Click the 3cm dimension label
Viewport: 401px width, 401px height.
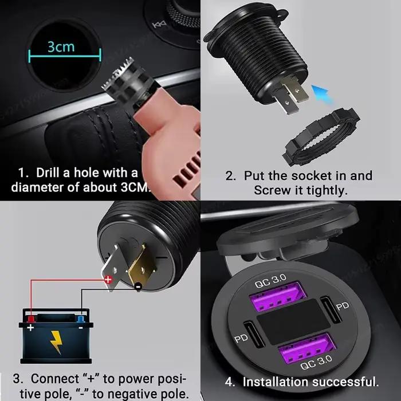pos(61,46)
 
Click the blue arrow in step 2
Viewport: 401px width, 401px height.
pos(323,94)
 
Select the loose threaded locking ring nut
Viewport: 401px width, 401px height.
pos(321,137)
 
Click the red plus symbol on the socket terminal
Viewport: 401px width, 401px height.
pos(108,280)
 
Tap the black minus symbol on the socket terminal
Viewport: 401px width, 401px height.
pos(138,286)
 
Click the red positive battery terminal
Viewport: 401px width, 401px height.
pos(31,319)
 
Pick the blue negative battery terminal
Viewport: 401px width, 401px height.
pos(80,319)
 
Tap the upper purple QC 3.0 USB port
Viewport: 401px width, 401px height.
pos(278,297)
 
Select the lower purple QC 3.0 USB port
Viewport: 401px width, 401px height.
pos(307,348)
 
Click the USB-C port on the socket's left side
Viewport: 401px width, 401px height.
pos(254,334)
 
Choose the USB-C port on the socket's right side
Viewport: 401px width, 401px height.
pos(331,309)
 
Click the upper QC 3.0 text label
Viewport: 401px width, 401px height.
pos(271,281)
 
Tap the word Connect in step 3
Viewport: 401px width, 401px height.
pos(55,379)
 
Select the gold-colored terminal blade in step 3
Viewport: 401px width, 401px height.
pos(141,266)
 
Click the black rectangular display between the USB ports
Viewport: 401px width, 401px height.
pos(293,322)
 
